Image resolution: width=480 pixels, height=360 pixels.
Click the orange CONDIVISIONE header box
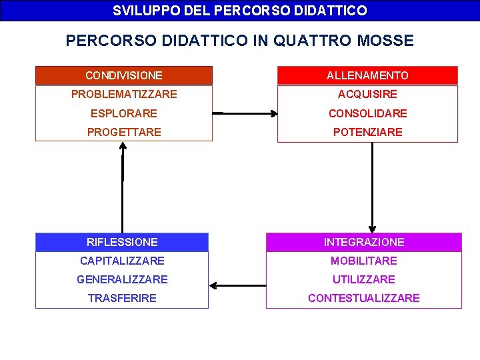point(123,75)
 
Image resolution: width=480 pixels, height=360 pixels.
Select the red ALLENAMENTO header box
point(367,75)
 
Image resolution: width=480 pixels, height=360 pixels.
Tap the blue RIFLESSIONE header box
point(122,242)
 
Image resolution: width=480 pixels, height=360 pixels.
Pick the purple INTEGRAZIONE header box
point(364,242)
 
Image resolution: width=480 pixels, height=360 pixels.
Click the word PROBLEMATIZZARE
point(124,94)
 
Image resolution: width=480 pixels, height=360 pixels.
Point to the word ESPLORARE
point(124,113)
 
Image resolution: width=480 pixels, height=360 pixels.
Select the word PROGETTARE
point(124,132)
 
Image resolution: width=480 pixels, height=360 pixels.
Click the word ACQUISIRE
point(367,94)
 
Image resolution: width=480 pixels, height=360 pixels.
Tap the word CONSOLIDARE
point(367,113)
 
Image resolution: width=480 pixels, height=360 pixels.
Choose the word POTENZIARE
point(367,132)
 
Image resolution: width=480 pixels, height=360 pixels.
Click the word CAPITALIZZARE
point(122,261)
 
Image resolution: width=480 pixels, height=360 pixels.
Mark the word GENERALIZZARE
point(122,279)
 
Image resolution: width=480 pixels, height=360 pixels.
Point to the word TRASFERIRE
point(122,298)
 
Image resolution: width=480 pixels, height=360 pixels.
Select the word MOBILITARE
point(364,261)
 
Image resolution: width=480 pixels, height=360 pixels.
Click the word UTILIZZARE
point(364,279)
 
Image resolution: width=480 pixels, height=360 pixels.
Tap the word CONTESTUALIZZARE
point(364,298)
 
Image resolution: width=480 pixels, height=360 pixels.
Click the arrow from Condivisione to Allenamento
point(245,113)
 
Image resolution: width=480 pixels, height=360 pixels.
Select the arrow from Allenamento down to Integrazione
point(372,187)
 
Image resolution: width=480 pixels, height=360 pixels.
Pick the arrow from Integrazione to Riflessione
point(237,286)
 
